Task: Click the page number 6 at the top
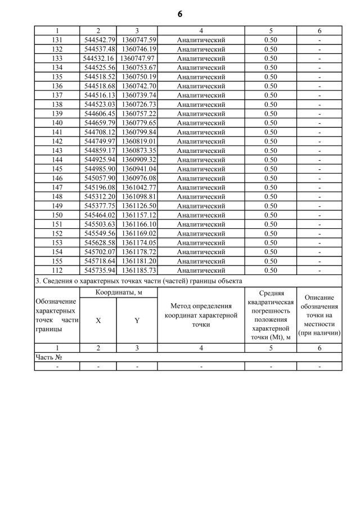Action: click(x=180, y=14)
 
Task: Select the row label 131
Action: click(x=57, y=40)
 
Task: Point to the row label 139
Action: click(x=57, y=114)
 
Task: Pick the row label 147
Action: click(x=57, y=187)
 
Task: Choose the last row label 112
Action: click(x=57, y=271)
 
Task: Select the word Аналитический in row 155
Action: click(x=201, y=262)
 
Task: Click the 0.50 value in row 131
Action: click(x=271, y=40)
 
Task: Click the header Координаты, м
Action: click(x=118, y=292)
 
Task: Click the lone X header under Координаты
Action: click(x=98, y=320)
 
